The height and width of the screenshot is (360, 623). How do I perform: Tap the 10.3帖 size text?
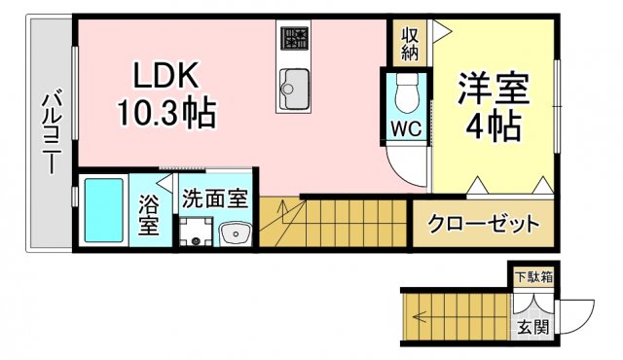click(166, 115)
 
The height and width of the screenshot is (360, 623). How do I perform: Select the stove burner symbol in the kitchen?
click(293, 38)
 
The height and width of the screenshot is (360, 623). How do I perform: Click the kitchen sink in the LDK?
click(293, 89)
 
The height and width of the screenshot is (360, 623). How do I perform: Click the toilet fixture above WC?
click(408, 91)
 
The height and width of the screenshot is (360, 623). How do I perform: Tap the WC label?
click(406, 128)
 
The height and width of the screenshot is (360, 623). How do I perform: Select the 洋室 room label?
click(494, 88)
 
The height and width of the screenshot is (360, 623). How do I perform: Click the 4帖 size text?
click(494, 125)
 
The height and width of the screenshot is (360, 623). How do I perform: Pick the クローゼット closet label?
click(484, 225)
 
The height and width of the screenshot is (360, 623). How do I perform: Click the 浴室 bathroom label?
click(149, 215)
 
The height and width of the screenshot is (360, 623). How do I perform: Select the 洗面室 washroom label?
click(214, 198)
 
